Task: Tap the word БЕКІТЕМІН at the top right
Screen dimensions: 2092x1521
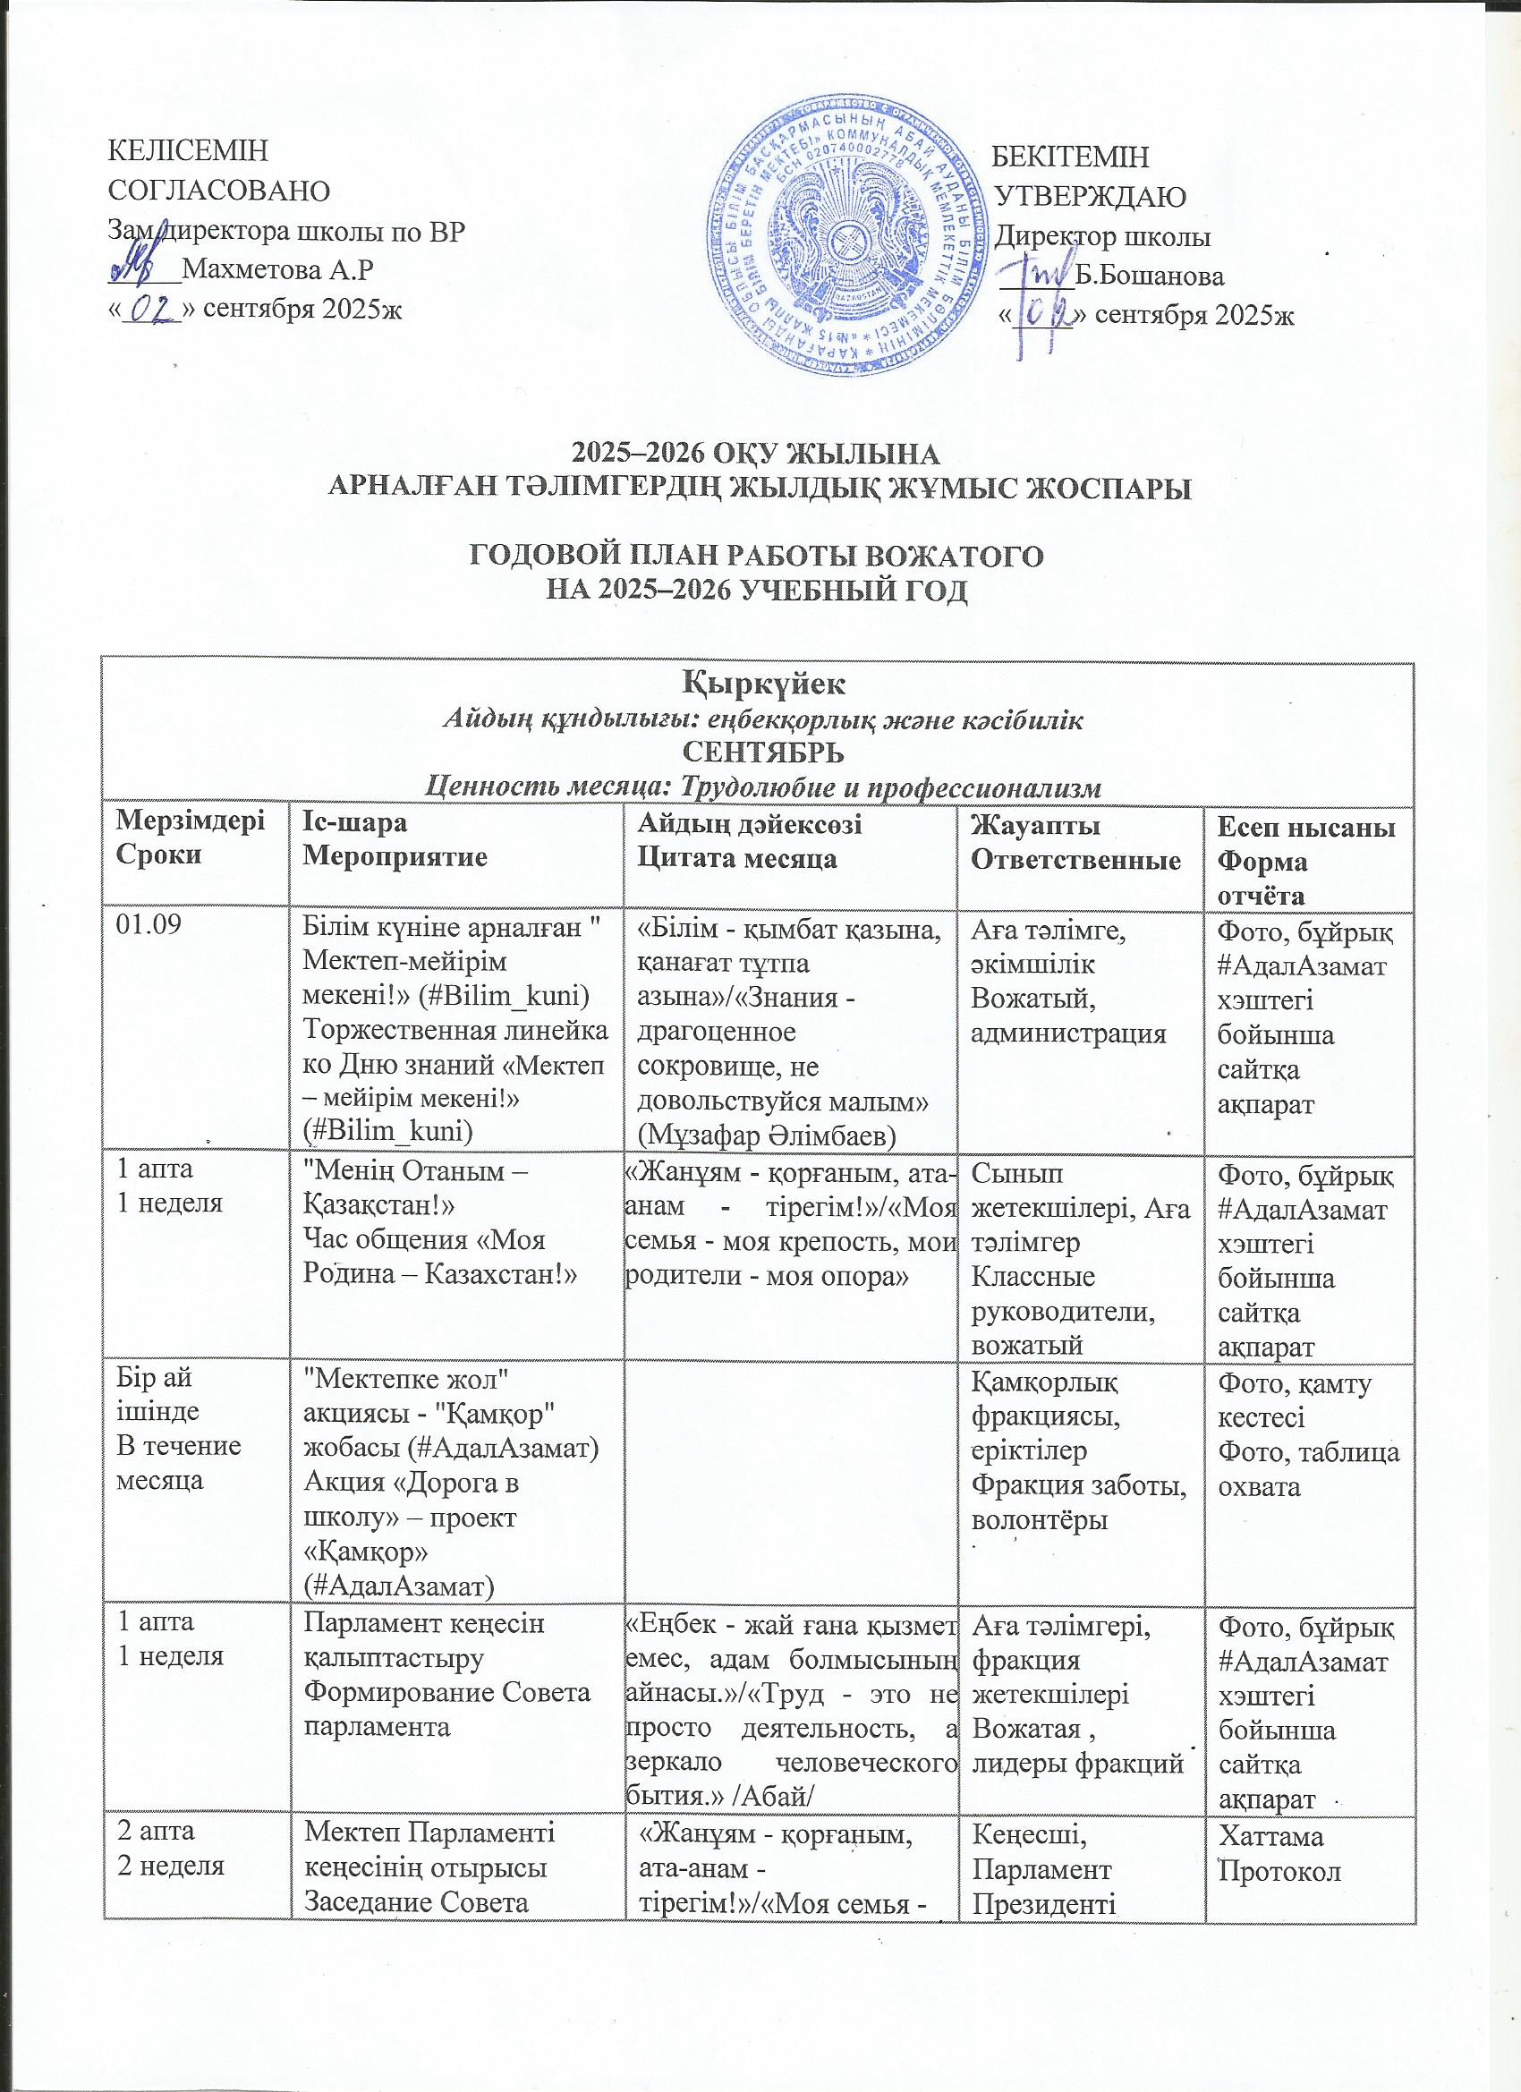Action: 1075,157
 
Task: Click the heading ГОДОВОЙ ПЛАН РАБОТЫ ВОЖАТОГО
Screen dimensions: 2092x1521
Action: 759,557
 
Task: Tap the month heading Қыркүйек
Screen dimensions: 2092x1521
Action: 759,686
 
